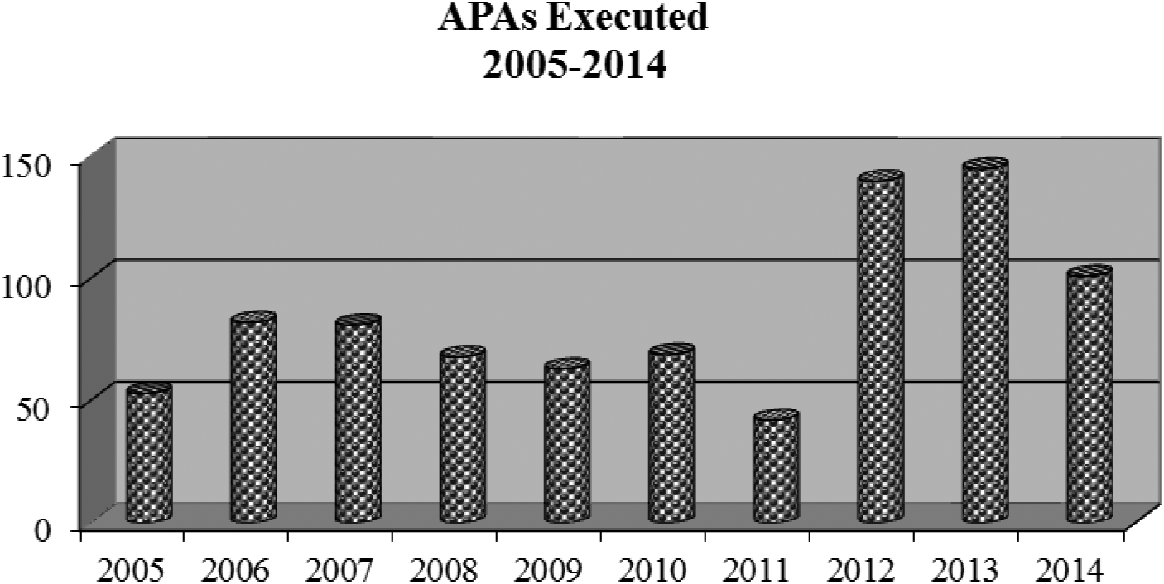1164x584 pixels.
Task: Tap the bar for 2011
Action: (x=776, y=468)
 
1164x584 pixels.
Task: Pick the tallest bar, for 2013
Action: (x=985, y=343)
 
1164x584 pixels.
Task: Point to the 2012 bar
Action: (x=880, y=349)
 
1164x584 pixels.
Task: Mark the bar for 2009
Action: (x=567, y=442)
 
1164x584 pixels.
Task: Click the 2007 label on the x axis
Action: (x=339, y=570)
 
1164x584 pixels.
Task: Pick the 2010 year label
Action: (x=652, y=570)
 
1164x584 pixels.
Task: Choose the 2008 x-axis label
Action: (x=444, y=570)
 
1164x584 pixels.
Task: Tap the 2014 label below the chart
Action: (x=1070, y=570)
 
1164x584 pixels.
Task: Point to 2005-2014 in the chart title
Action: (x=574, y=64)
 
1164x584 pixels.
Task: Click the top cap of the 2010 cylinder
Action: (x=671, y=350)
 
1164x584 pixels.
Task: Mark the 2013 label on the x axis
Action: (x=965, y=570)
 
